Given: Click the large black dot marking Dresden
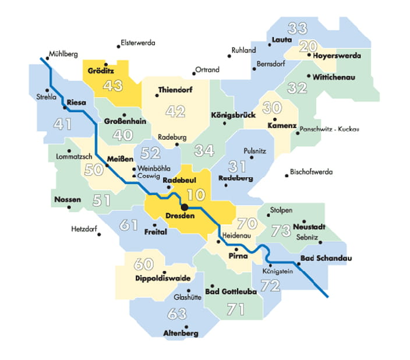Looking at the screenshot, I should [x=184, y=207].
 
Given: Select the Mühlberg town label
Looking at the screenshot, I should [x=63, y=54].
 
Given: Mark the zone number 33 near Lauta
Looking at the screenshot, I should [x=298, y=27].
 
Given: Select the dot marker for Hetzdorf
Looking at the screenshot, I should [x=100, y=235].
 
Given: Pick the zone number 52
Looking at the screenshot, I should [x=151, y=153].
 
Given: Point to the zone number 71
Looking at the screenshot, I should [x=235, y=309].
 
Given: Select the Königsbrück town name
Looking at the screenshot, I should [x=233, y=115].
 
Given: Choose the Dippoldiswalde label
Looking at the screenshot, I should [x=162, y=278].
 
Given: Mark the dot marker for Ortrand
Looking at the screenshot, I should [x=194, y=74].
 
